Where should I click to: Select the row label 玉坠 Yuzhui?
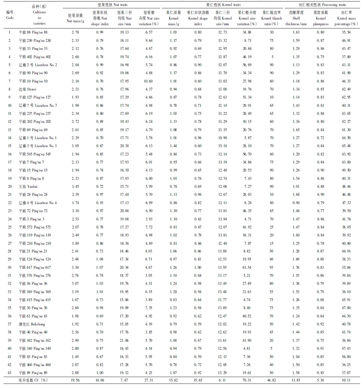pos(28,186)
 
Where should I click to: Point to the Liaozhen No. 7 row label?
pos(38,105)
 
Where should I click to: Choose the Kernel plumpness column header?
pos(321,18)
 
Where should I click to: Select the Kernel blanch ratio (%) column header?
pos(271,18)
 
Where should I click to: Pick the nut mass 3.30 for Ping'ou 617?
pos(75,267)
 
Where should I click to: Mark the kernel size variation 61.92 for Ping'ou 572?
pos(247,227)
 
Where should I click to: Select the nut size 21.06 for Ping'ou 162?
pos(124,340)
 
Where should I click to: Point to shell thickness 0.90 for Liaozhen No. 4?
pos(296,203)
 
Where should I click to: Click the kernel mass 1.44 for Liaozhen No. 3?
pos(173,146)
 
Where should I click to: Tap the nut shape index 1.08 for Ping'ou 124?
pos(100,259)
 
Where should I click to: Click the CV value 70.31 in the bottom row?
pos(247,380)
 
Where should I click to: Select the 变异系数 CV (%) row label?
pos(33,380)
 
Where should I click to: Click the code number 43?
pos(10,373)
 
